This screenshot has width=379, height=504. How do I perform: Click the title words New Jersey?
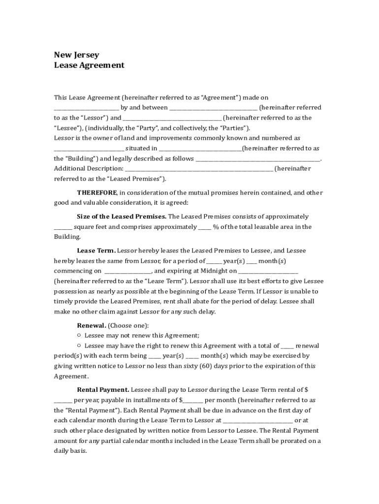[76, 55]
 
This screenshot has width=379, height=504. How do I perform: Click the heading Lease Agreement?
[89, 65]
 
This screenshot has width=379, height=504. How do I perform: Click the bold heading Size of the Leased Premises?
[122, 217]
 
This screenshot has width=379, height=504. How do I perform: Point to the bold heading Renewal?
[92, 325]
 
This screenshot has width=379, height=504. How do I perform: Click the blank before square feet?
[63, 227]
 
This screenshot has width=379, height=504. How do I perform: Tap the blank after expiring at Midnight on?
[268, 271]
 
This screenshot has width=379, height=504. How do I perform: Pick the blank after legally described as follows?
[257, 159]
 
